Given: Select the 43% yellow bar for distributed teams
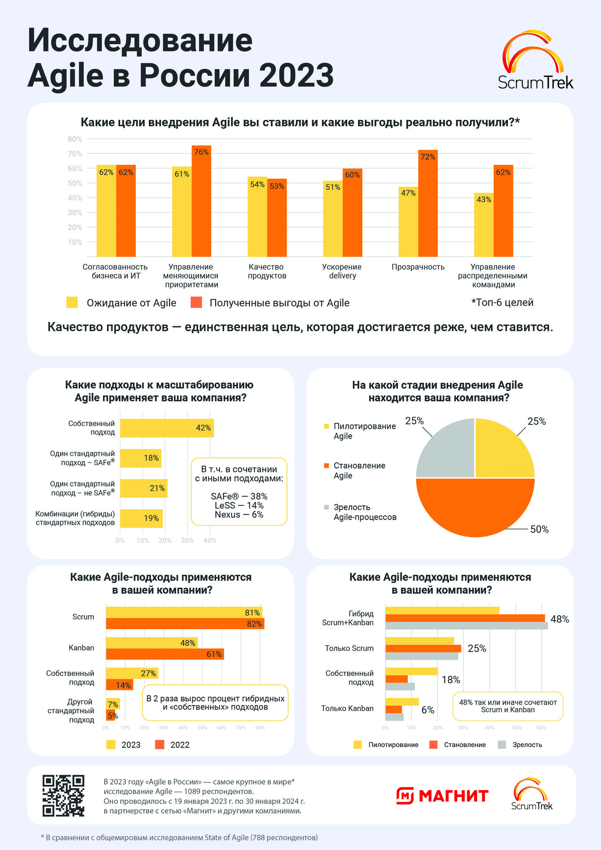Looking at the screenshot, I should click(x=484, y=225).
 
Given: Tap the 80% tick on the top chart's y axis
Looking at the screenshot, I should click(x=75, y=139).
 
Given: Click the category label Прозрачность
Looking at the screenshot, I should click(x=418, y=267).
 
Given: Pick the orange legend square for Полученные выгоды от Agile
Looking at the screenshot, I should click(x=196, y=302).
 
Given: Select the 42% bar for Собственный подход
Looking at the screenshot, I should click(x=167, y=428).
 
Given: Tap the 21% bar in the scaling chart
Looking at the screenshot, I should click(x=143, y=488).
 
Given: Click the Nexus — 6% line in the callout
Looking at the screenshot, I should click(x=239, y=515).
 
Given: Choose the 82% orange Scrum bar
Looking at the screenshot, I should click(x=185, y=624).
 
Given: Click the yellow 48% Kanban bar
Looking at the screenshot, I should click(x=152, y=643).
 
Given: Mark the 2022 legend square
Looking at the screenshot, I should click(x=160, y=744).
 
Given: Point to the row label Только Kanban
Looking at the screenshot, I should click(x=347, y=708).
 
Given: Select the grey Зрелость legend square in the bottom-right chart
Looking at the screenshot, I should click(x=502, y=744).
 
